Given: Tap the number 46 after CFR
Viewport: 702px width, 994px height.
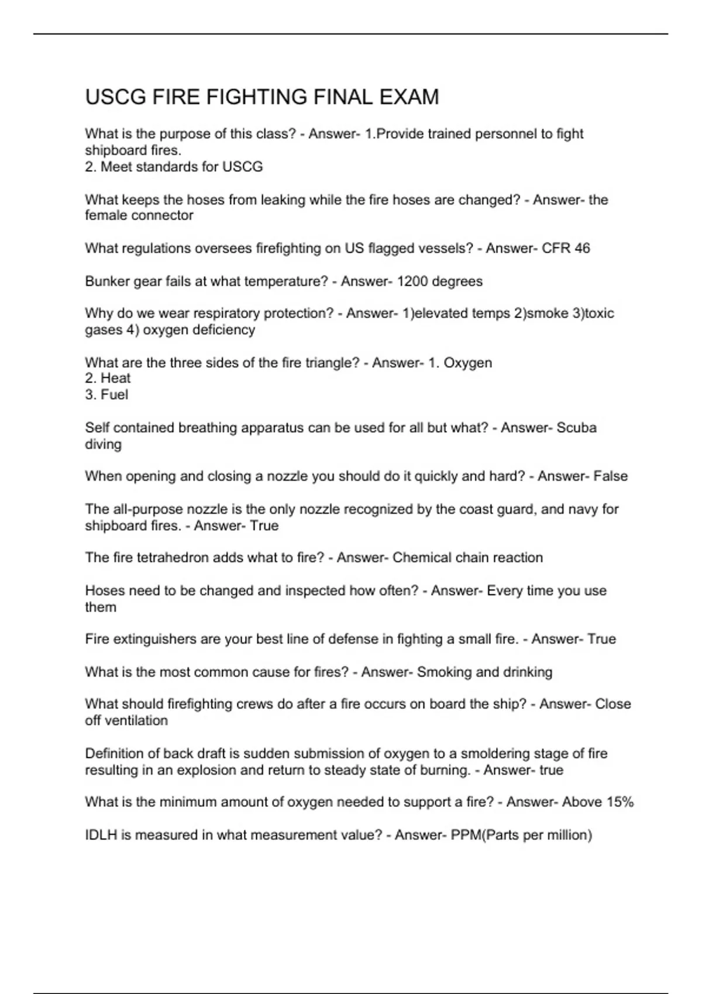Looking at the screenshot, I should point(582,248).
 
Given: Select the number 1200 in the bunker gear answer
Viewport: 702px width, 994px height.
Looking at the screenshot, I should point(413,281).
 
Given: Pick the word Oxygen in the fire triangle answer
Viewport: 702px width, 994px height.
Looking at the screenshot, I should point(467,363).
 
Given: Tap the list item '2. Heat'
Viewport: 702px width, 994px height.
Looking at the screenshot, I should point(108,378).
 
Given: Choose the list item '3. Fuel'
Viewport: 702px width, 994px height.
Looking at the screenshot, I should point(106,395).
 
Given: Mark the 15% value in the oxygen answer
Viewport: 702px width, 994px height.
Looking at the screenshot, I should point(620,802).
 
